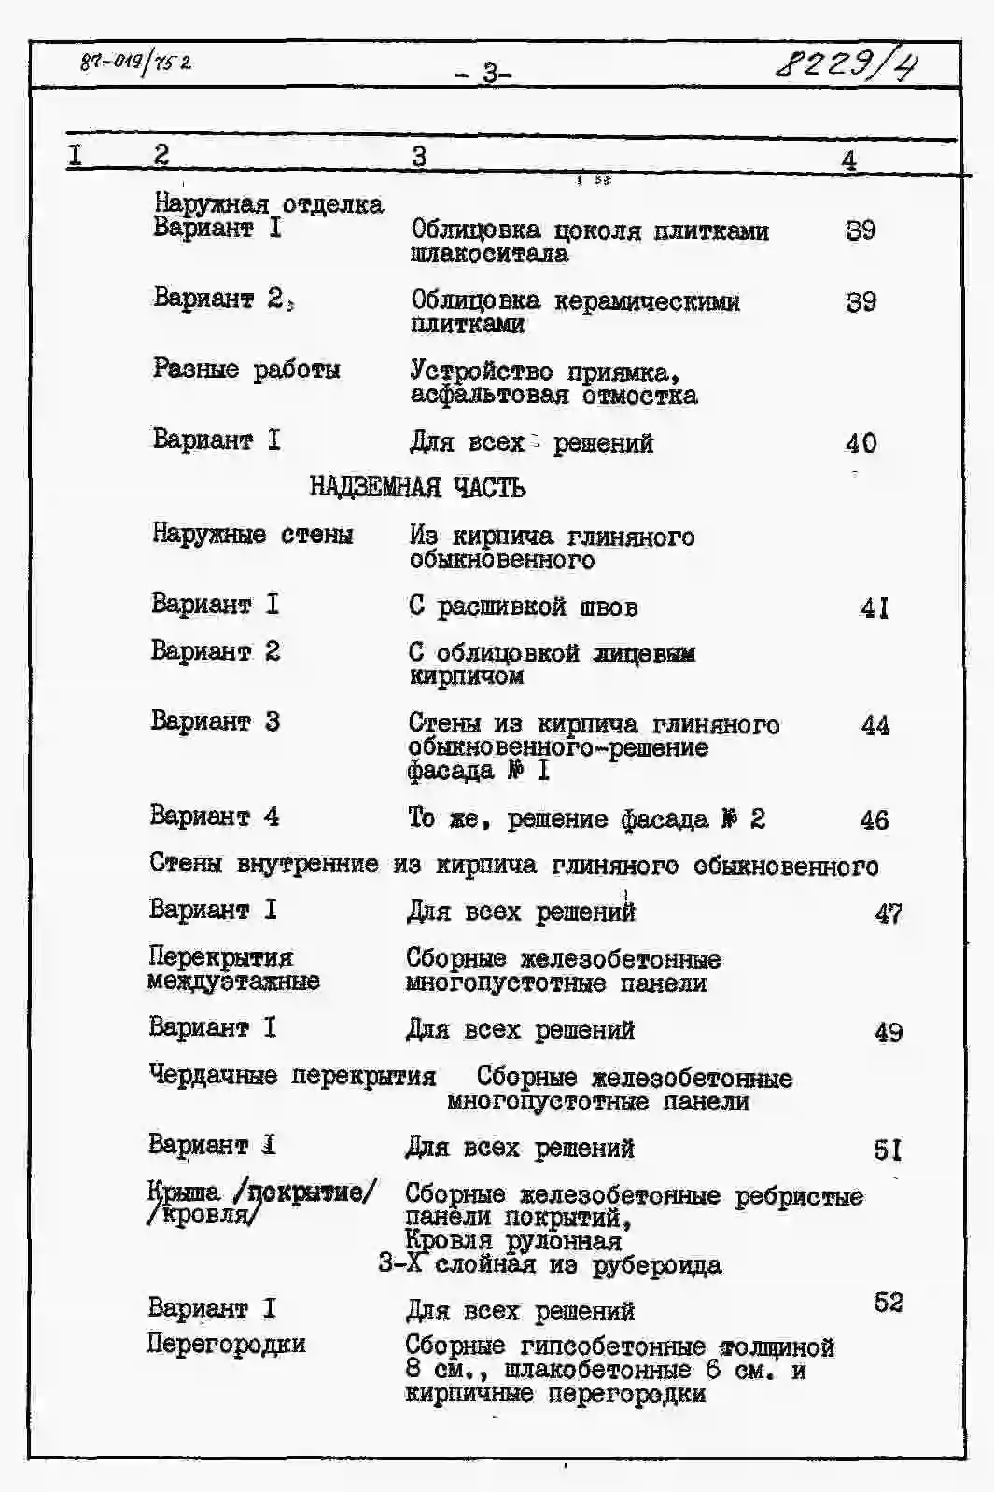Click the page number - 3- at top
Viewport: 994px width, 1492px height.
click(484, 72)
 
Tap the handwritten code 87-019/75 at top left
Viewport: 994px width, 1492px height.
click(136, 63)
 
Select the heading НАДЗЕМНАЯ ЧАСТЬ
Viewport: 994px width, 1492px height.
click(417, 487)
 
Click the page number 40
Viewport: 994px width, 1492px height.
click(861, 442)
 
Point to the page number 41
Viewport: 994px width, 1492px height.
click(874, 608)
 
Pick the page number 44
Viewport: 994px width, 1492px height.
click(875, 725)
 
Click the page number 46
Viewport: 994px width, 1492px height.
click(874, 820)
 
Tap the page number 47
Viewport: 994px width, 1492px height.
click(888, 913)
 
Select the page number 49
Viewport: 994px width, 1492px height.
click(888, 1032)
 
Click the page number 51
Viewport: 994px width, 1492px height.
click(888, 1150)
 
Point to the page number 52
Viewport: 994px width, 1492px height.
click(888, 1302)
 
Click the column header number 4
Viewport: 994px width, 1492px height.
click(847, 160)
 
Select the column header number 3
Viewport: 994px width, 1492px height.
click(418, 156)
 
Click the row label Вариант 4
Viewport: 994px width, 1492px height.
click(214, 816)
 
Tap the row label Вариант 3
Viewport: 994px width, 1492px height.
click(215, 721)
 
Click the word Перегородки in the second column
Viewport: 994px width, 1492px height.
click(226, 1344)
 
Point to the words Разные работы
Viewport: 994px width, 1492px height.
click(246, 370)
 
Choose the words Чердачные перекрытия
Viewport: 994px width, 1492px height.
click(292, 1076)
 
